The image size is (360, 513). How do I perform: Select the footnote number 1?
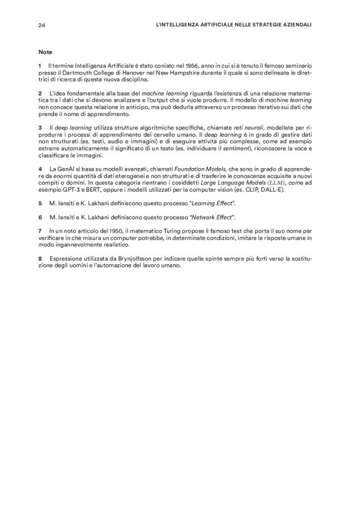[x=39, y=65]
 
